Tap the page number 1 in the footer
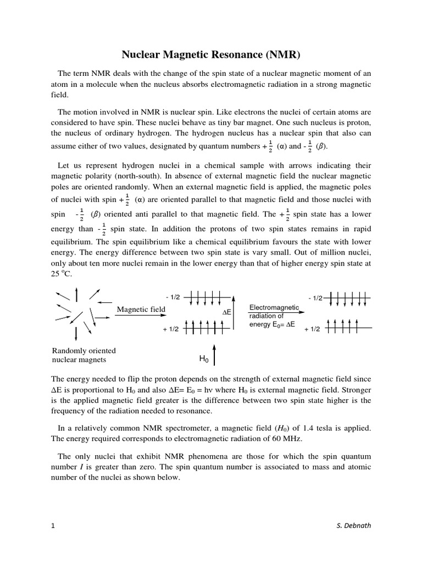coord(53,526)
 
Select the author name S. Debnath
coord(353,526)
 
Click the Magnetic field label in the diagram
coord(141,310)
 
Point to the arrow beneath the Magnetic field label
coord(141,317)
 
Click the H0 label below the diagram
coord(204,359)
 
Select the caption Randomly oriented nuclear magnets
coord(84,355)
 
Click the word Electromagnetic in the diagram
coord(274,307)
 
